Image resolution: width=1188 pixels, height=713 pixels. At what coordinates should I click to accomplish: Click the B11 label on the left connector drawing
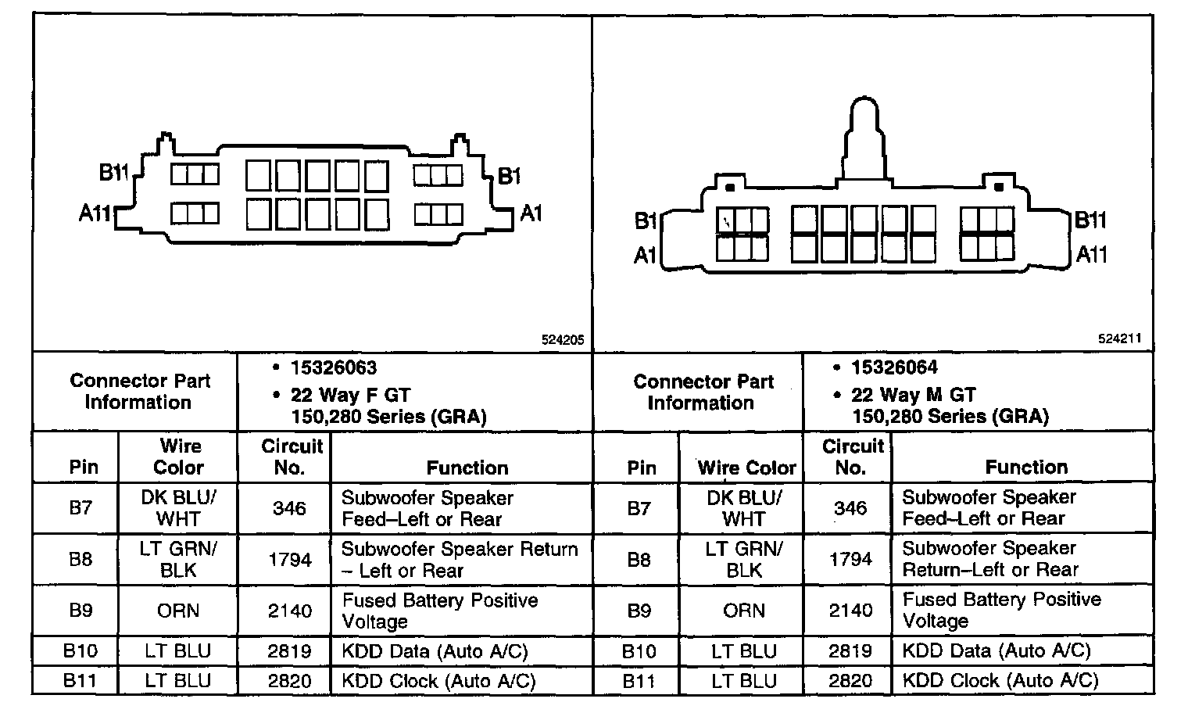pyautogui.click(x=113, y=173)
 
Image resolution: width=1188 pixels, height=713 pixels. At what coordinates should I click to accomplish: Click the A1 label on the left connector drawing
pyautogui.click(x=531, y=213)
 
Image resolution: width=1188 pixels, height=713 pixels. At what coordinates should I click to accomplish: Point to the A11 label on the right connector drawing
pyautogui.click(x=1092, y=254)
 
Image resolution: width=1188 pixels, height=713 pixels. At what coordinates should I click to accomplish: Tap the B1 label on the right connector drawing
pyautogui.click(x=645, y=222)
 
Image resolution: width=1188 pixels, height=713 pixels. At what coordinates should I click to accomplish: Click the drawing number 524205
pyautogui.click(x=562, y=340)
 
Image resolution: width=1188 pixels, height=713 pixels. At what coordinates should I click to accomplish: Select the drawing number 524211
pyautogui.click(x=1119, y=339)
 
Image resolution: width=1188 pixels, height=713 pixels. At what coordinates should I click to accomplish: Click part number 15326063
pyautogui.click(x=334, y=367)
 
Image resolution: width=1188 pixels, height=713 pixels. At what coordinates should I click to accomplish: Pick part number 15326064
pyautogui.click(x=894, y=367)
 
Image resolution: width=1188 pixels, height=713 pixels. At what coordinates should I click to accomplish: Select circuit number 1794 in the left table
pyautogui.click(x=289, y=560)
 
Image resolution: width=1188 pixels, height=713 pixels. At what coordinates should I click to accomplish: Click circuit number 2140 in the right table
pyautogui.click(x=850, y=611)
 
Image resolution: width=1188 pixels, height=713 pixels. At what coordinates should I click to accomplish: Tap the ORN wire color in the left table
pyautogui.click(x=178, y=611)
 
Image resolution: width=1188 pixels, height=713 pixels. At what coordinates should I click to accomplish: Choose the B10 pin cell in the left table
pyautogui.click(x=80, y=650)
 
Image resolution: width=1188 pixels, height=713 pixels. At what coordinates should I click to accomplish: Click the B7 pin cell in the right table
pyautogui.click(x=639, y=508)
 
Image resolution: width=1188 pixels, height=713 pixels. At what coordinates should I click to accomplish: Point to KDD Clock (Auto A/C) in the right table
pyautogui.click(x=1000, y=680)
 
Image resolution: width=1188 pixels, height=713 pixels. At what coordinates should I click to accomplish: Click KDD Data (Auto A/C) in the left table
pyautogui.click(x=435, y=650)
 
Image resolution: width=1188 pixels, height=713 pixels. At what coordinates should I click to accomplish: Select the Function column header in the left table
pyautogui.click(x=467, y=468)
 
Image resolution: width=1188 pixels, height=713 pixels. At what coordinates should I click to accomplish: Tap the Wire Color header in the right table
pyautogui.click(x=746, y=468)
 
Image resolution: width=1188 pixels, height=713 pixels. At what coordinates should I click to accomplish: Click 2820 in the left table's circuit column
pyautogui.click(x=289, y=680)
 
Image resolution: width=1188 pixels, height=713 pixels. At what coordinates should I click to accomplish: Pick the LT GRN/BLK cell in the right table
pyautogui.click(x=743, y=559)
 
